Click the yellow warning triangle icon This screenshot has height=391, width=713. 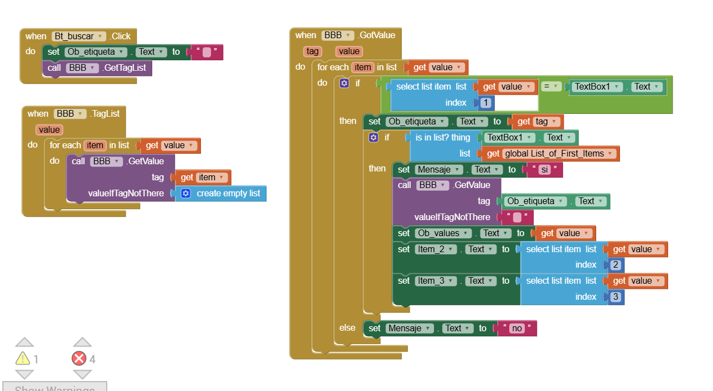23,359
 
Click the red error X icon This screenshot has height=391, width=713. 79,359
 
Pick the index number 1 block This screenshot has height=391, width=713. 485,103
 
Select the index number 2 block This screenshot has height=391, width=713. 616,265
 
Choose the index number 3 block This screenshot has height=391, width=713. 616,297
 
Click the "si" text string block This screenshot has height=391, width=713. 544,170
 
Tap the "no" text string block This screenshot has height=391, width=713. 516,329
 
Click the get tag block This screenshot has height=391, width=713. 538,122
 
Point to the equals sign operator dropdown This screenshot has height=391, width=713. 549,87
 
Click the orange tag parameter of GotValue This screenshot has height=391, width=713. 313,51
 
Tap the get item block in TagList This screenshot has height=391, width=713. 203,178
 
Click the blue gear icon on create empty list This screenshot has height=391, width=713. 186,193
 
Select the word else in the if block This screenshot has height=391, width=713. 347,328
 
